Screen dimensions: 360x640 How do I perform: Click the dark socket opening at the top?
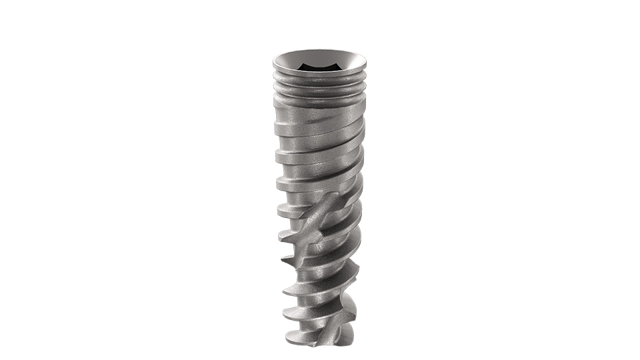click(x=320, y=66)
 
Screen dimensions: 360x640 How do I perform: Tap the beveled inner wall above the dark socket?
click(x=320, y=57)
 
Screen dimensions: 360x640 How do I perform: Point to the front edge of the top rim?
click(x=320, y=75)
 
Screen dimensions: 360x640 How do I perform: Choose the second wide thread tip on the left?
click(x=276, y=153)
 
